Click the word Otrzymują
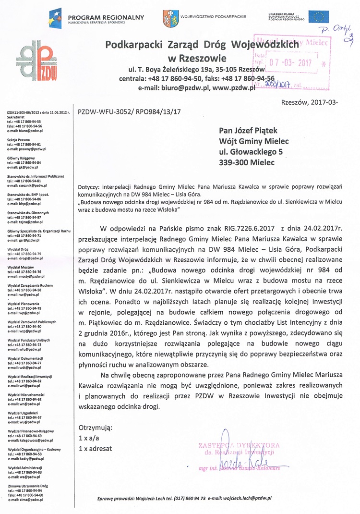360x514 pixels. [95, 427]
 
